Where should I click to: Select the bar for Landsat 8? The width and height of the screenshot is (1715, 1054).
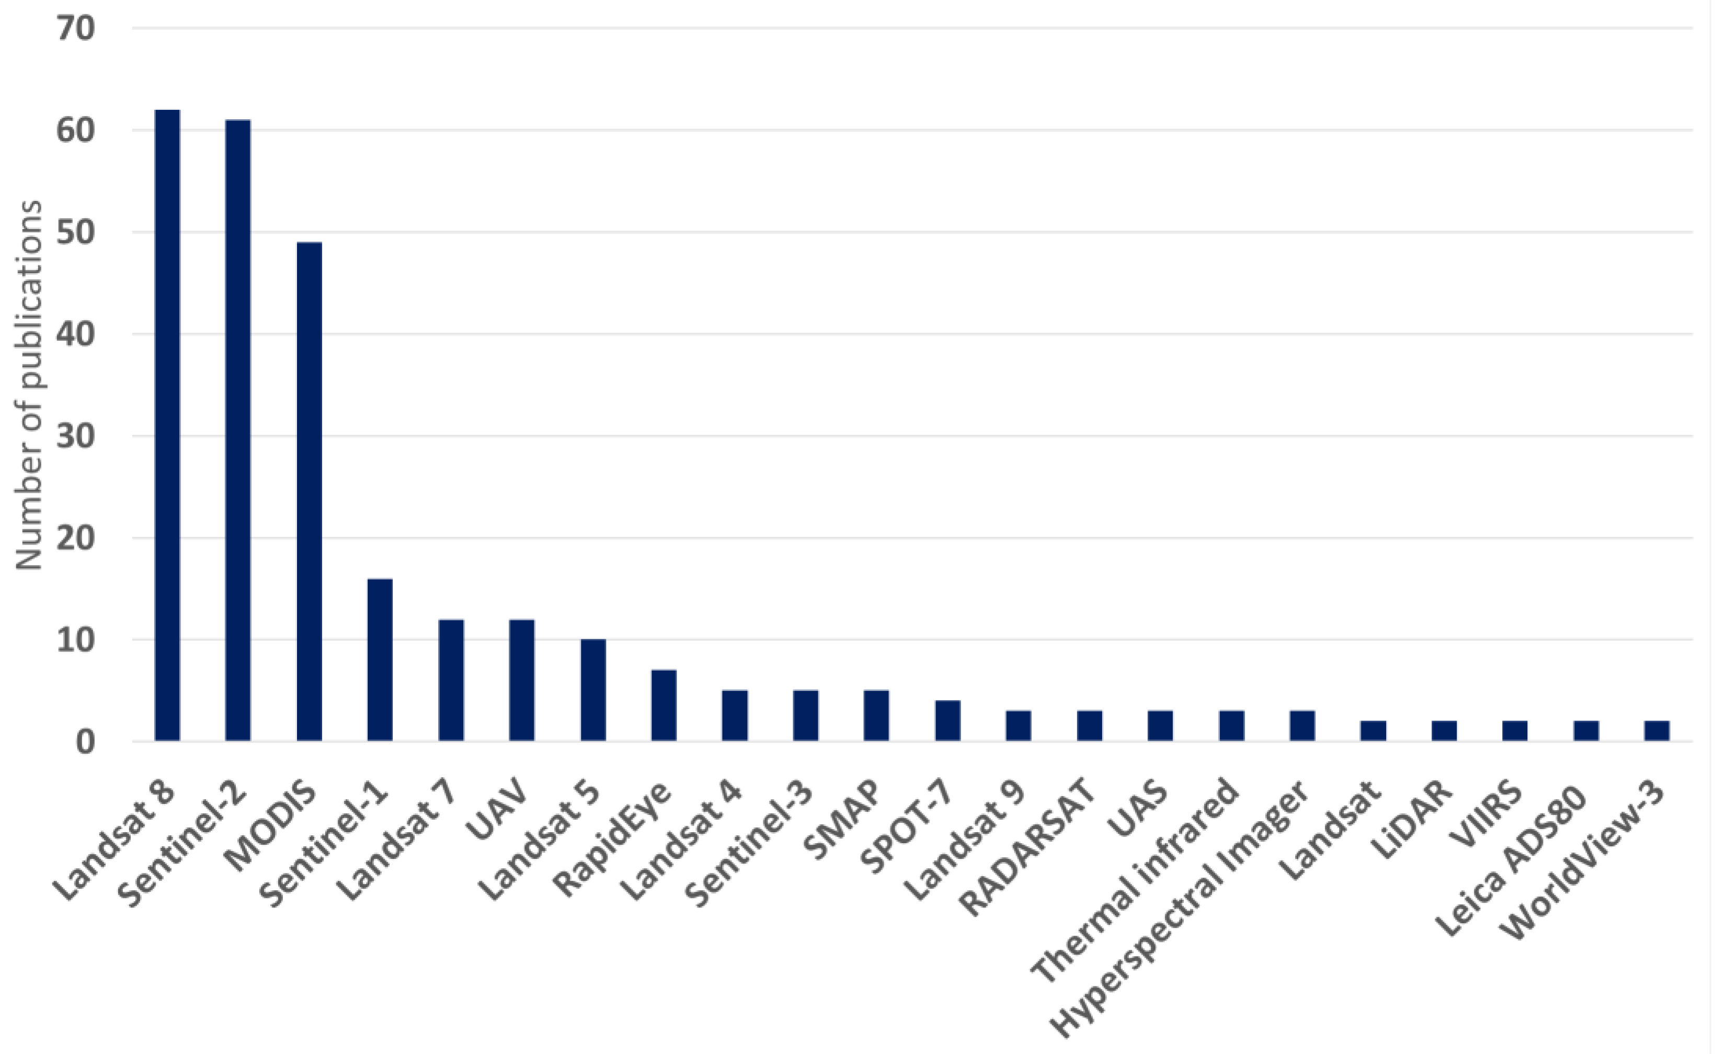point(167,425)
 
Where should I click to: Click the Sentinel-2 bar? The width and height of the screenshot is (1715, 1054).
point(237,430)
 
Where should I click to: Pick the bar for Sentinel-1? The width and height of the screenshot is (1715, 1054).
point(380,660)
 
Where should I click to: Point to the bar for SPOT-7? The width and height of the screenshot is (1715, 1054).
point(947,720)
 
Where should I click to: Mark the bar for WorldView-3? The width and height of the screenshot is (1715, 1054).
point(1656,731)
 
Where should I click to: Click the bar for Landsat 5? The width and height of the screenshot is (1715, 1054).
point(593,690)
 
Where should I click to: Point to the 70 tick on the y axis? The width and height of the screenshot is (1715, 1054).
point(75,29)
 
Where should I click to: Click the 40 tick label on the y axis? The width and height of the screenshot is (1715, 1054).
point(75,335)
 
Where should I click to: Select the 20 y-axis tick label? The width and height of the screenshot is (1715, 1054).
point(75,538)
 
